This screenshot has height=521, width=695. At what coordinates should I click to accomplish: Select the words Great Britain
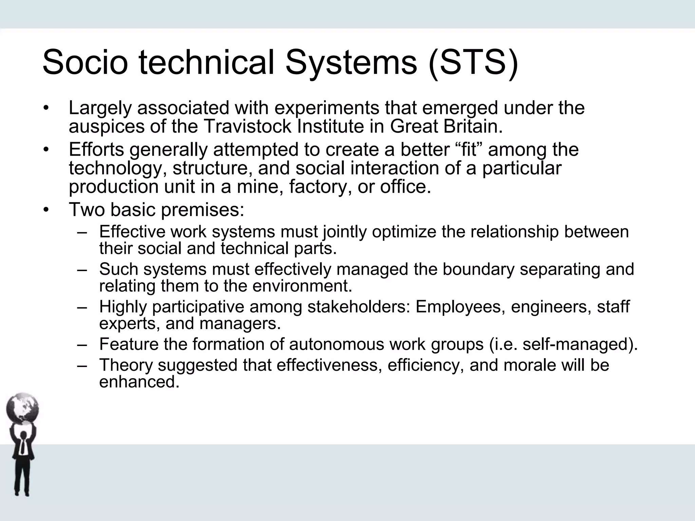click(446, 127)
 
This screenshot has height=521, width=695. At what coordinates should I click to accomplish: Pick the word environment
click(302, 286)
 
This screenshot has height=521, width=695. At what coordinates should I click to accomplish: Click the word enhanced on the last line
click(138, 382)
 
